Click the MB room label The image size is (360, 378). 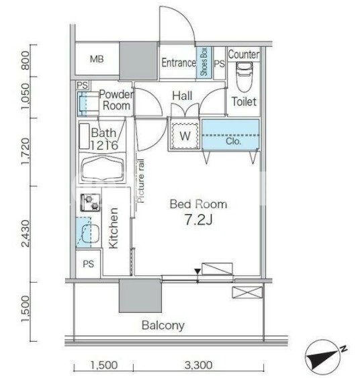point(97,59)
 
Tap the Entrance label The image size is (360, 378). point(179,63)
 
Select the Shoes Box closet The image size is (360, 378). point(204,62)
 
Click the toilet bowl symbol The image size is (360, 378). point(244,77)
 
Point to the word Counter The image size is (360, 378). point(244,54)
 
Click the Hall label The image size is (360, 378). point(182,96)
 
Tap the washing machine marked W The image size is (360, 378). point(185,136)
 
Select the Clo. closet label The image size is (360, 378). point(234,141)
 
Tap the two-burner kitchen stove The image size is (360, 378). point(90,203)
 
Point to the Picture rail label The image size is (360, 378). point(140,181)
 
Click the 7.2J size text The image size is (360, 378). point(198,220)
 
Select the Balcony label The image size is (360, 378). point(163,326)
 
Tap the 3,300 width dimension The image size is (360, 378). point(198,365)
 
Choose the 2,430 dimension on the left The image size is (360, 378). point(25,234)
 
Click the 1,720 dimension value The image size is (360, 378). point(25,151)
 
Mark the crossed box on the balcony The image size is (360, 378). point(247,293)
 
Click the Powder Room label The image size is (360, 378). point(116,100)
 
